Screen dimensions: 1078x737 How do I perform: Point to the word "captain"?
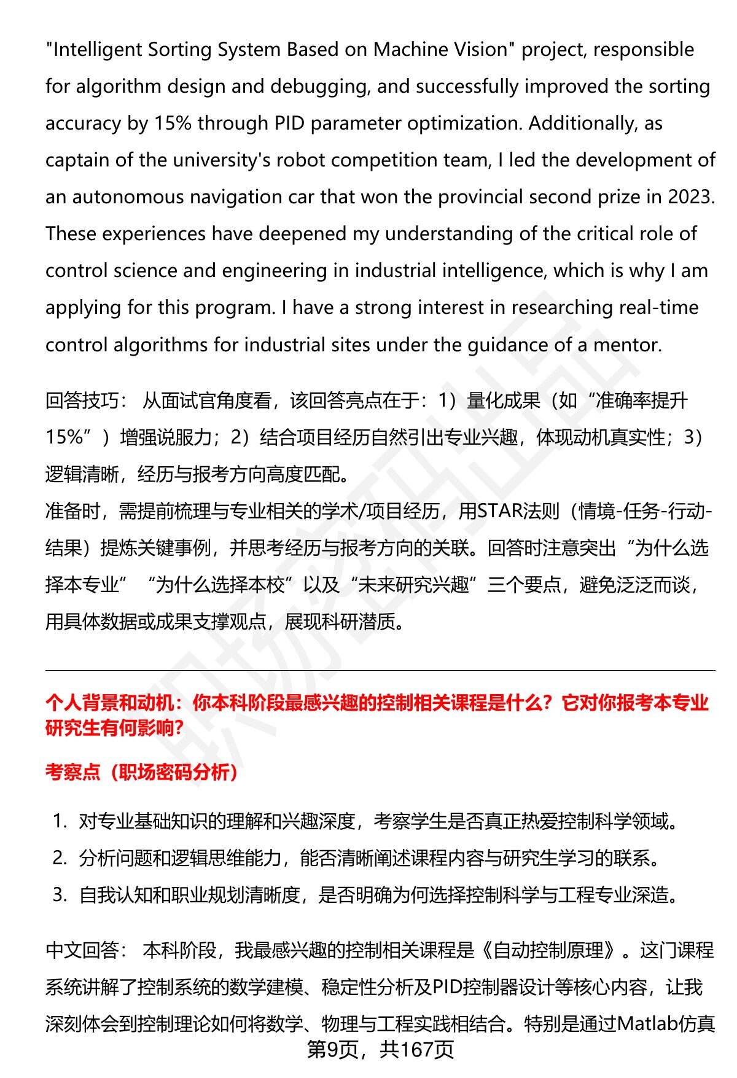point(77,160)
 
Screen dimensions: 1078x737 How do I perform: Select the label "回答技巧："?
point(86,401)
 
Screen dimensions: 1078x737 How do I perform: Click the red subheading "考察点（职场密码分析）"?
point(142,772)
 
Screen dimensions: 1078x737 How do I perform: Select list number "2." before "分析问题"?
point(60,858)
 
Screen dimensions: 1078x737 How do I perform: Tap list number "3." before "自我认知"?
point(60,895)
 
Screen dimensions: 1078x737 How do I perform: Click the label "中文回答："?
point(86,951)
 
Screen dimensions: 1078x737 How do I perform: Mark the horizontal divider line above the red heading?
point(380,670)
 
